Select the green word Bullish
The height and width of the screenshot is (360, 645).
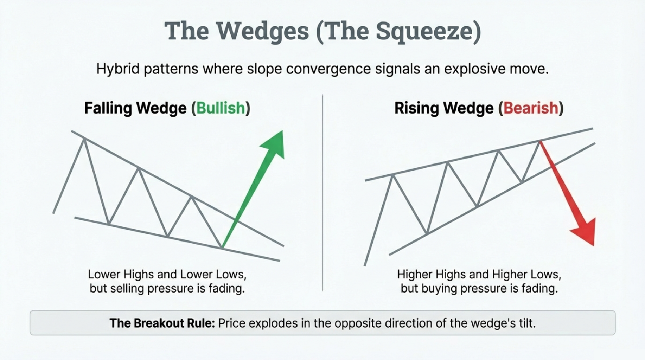(x=221, y=108)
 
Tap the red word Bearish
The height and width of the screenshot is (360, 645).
(x=531, y=108)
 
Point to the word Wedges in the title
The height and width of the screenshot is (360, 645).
(x=262, y=31)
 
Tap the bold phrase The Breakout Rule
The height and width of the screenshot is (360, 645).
(x=162, y=323)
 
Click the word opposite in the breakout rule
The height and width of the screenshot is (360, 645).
(x=358, y=323)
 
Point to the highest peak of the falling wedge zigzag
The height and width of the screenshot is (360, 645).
(x=84, y=140)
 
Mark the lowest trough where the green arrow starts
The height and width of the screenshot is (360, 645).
(x=222, y=247)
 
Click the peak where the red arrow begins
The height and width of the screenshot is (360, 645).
(x=540, y=141)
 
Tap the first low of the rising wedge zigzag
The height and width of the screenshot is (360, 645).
(x=427, y=233)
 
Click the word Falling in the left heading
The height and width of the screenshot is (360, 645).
(x=108, y=108)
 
